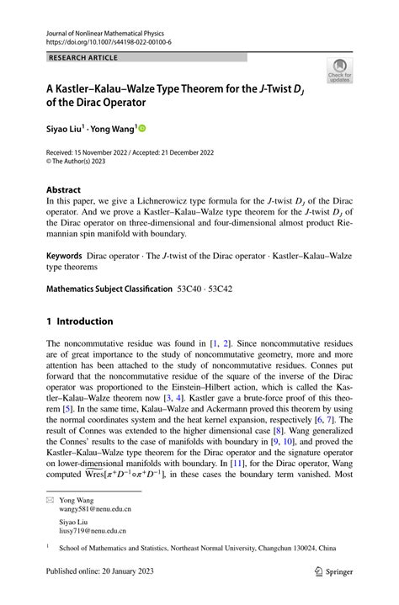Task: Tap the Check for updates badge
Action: click(339, 70)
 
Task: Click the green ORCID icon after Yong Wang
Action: click(141, 128)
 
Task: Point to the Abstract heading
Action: click(64, 190)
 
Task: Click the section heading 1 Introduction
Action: click(79, 321)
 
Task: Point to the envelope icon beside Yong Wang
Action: click(51, 498)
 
